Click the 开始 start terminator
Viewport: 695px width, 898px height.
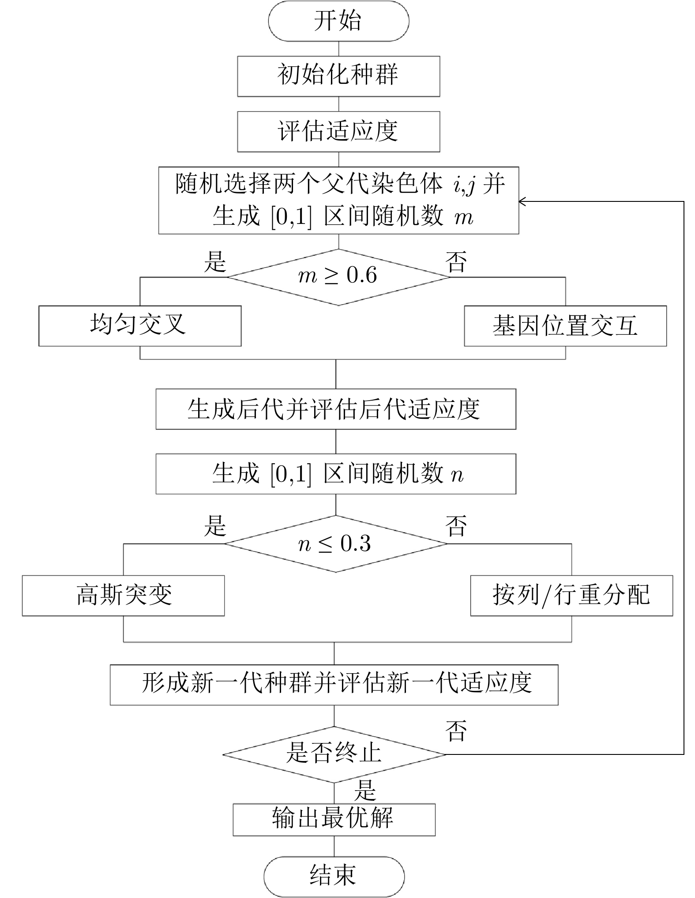point(338,21)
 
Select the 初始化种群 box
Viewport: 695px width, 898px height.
point(338,76)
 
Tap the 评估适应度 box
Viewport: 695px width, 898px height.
point(338,132)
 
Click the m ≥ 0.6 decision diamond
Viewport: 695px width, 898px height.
point(338,277)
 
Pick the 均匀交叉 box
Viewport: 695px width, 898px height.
point(140,326)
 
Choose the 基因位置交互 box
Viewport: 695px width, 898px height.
point(565,326)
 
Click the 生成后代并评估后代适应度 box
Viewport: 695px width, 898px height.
point(336,409)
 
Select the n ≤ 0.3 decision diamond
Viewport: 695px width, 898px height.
point(336,544)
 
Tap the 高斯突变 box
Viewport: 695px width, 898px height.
point(123,595)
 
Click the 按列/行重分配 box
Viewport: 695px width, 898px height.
point(571,595)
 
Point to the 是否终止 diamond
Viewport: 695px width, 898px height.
point(334,754)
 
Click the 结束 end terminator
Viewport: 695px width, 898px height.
point(334,876)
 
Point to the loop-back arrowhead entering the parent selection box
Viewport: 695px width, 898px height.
point(522,201)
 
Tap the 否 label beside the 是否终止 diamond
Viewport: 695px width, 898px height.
point(456,731)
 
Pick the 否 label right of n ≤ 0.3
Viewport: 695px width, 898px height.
point(456,526)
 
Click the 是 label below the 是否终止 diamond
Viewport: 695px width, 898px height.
point(365,790)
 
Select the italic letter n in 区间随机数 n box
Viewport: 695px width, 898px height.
point(458,475)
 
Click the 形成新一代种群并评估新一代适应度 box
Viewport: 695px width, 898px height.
point(334,685)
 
